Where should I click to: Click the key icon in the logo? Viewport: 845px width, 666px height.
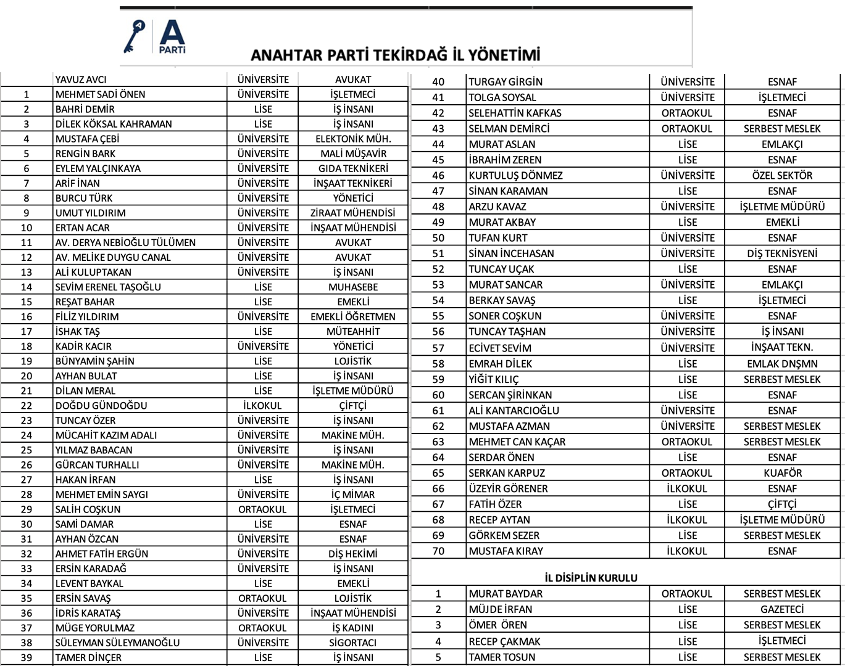pyautogui.click(x=133, y=36)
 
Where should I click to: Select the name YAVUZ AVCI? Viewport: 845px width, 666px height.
pyautogui.click(x=81, y=80)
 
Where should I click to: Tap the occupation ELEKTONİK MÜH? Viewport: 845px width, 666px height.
pyautogui.click(x=353, y=139)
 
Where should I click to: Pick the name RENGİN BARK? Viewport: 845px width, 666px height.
pyautogui.click(x=85, y=154)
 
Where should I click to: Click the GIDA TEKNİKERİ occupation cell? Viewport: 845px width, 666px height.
pyautogui.click(x=353, y=168)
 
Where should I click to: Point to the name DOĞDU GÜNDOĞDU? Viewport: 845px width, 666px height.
pyautogui.click(x=101, y=405)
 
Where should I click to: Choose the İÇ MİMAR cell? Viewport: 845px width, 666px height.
pyautogui.click(x=353, y=495)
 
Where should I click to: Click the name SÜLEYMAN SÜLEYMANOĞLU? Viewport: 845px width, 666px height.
pyautogui.click(x=117, y=643)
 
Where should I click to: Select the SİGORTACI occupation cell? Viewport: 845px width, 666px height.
pyautogui.click(x=353, y=643)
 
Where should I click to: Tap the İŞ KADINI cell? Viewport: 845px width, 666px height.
pyautogui.click(x=353, y=628)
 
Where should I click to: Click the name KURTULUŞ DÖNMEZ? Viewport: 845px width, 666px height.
pyautogui.click(x=515, y=175)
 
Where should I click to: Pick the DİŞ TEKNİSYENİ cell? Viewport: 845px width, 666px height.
pyautogui.click(x=782, y=253)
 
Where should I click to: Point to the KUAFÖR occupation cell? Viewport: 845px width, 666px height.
pyautogui.click(x=782, y=473)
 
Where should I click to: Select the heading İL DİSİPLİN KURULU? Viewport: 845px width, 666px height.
pyautogui.click(x=591, y=578)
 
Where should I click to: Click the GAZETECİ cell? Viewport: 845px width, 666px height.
pyautogui.click(x=782, y=609)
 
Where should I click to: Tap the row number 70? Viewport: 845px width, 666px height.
pyautogui.click(x=438, y=551)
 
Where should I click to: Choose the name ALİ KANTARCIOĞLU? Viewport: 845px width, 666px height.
pyautogui.click(x=514, y=411)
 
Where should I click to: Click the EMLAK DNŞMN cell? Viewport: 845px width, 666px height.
pyautogui.click(x=782, y=364)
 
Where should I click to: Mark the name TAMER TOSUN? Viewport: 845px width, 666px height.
pyautogui.click(x=502, y=657)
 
